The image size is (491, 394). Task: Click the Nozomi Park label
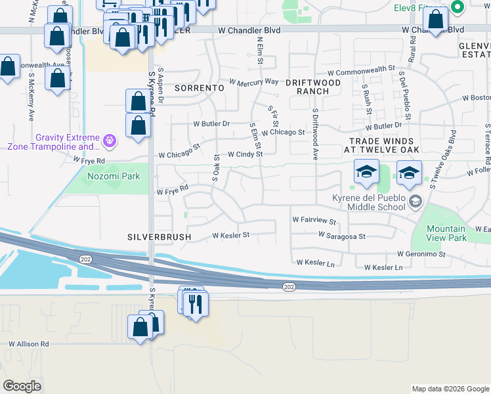pyautogui.click(x=109, y=177)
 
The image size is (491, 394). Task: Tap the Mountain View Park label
pyautogui.click(x=446, y=233)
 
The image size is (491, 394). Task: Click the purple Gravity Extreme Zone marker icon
pyautogui.click(x=109, y=139)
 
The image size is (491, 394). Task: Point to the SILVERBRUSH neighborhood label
pyautogui.click(x=160, y=236)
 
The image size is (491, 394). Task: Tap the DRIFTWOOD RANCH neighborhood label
pyautogui.click(x=313, y=87)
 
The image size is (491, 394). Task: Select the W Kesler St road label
pyautogui.click(x=230, y=235)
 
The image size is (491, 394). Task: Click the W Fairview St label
pyautogui.click(x=314, y=222)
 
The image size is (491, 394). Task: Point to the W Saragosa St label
pyautogui.click(x=342, y=234)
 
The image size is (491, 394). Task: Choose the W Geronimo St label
pyautogui.click(x=421, y=254)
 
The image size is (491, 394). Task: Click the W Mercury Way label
pyautogui.click(x=253, y=82)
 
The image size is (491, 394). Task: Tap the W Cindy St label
pyautogui.click(x=245, y=154)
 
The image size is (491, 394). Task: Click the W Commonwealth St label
pyautogui.click(x=360, y=68)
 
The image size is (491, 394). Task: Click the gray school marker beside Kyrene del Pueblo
pyautogui.click(x=414, y=202)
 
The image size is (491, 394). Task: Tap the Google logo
pyautogui.click(x=22, y=386)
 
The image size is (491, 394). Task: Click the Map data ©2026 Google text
pyautogui.click(x=450, y=389)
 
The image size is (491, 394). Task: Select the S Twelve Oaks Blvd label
pyautogui.click(x=443, y=158)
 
